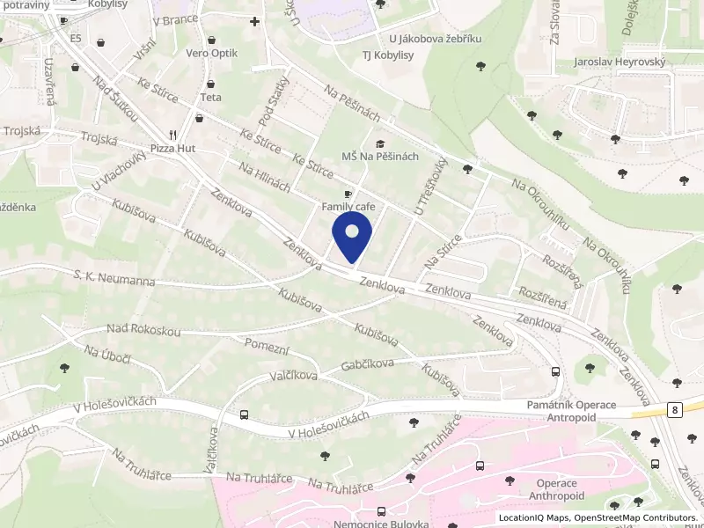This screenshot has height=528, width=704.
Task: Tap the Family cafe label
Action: click(348, 207)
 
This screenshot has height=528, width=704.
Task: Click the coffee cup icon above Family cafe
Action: click(348, 194)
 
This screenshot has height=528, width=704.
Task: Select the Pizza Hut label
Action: click(172, 149)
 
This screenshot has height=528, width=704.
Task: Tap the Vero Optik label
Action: click(212, 54)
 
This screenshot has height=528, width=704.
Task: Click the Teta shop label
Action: click(211, 98)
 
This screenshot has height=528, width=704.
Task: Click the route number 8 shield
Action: click(674, 409)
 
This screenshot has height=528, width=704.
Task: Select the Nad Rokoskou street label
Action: click(143, 330)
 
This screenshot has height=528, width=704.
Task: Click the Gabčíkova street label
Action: click(372, 364)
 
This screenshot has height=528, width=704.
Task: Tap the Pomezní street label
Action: click(267, 346)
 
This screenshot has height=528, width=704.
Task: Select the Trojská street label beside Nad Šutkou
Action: click(99, 138)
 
